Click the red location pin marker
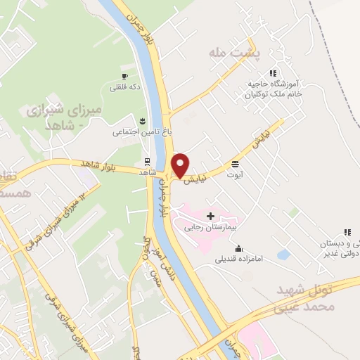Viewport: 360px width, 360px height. tap(180, 165)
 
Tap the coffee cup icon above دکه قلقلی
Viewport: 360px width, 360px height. tap(124, 76)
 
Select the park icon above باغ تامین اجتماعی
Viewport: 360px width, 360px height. tap(143, 120)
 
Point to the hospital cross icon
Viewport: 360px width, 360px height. tap(210, 215)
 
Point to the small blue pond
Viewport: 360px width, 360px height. tap(284, 253)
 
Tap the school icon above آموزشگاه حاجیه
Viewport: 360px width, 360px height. tap(273, 72)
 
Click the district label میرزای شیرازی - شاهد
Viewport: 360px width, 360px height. tap(64, 117)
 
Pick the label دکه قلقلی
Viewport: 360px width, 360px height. tap(124, 87)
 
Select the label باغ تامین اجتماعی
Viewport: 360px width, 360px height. tap(141, 131)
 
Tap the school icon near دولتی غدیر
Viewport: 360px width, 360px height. tap(347, 232)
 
